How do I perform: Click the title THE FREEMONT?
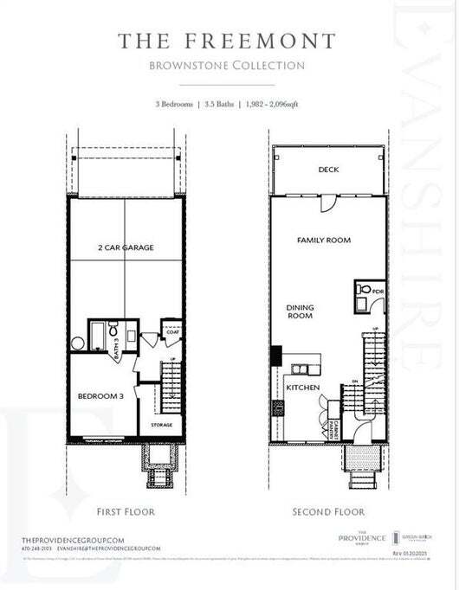pyautogui.click(x=228, y=40)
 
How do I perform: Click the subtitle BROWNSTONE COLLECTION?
pyautogui.click(x=228, y=65)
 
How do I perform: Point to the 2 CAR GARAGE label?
pyautogui.click(x=126, y=247)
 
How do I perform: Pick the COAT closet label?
pyautogui.click(x=171, y=330)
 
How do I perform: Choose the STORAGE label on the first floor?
pyautogui.click(x=161, y=425)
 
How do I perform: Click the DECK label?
pyautogui.click(x=327, y=170)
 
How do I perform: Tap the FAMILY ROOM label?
pyautogui.click(x=323, y=240)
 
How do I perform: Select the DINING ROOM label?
pyautogui.click(x=301, y=311)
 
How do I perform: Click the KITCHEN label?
pyautogui.click(x=303, y=387)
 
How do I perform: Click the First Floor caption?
pyautogui.click(x=126, y=511)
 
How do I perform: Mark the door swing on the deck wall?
pyautogui.click(x=326, y=203)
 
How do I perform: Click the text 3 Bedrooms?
pyautogui.click(x=175, y=104)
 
